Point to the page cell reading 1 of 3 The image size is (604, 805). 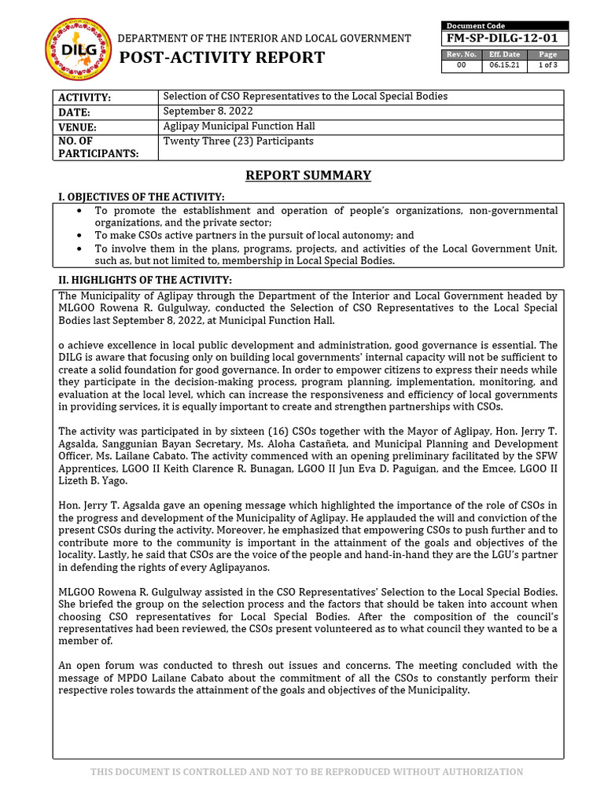pyautogui.click(x=547, y=66)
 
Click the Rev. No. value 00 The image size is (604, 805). pyautogui.click(x=462, y=66)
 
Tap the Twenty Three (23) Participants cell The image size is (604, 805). pyautogui.click(x=238, y=142)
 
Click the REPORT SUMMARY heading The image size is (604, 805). pyautogui.click(x=308, y=175)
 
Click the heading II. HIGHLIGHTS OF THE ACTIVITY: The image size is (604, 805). pyautogui.click(x=145, y=280)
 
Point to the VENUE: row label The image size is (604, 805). pyautogui.click(x=77, y=127)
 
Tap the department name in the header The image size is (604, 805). pyautogui.click(x=264, y=39)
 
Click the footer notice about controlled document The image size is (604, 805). pyautogui.click(x=307, y=772)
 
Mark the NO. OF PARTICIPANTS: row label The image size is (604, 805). pyautogui.click(x=97, y=147)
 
